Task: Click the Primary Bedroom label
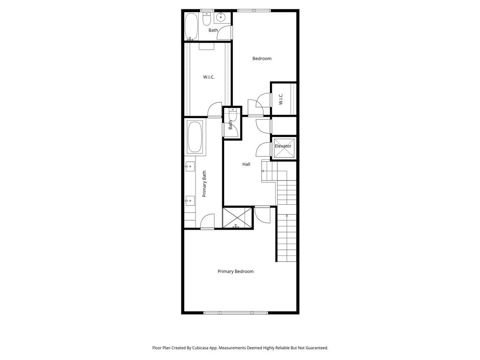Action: pos(235,271)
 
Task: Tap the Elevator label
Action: pos(283,146)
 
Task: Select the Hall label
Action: pos(246,165)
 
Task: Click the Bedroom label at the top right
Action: pos(262,59)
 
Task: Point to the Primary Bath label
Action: pos(204,184)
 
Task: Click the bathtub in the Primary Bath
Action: pos(196,138)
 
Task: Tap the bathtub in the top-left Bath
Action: pos(191,26)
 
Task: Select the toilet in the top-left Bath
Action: pos(206,18)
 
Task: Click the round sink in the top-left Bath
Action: pos(221,18)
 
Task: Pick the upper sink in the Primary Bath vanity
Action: pos(190,166)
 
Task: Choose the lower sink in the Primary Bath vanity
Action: pos(190,201)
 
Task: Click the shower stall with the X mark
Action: pos(238,218)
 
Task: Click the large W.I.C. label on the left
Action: pos(209,77)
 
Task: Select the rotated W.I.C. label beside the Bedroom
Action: pos(281,99)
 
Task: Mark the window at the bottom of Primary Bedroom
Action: pos(236,313)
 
